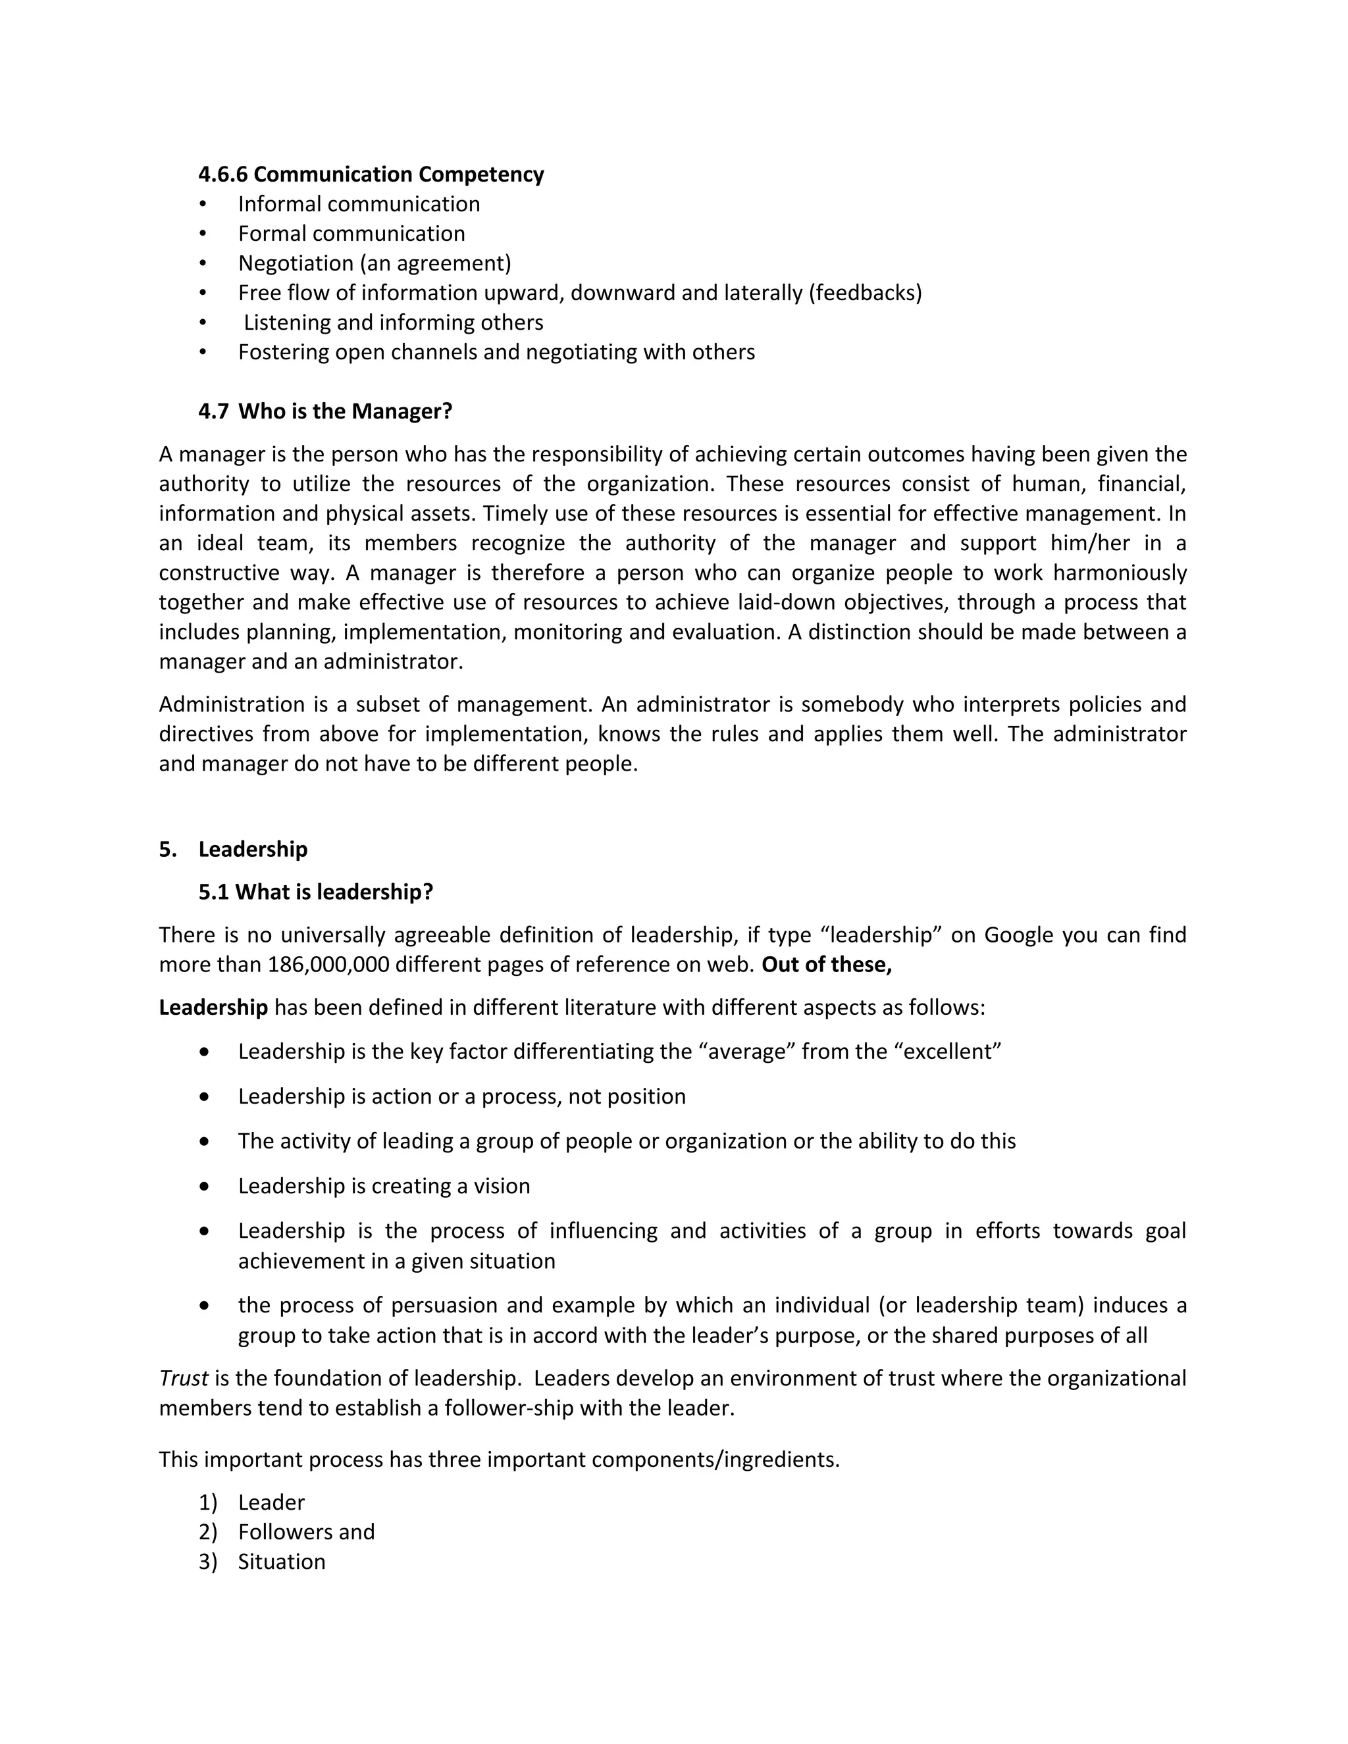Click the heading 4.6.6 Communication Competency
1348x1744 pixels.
point(371,174)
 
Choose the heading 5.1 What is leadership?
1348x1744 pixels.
point(315,892)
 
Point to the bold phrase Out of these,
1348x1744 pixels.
point(827,965)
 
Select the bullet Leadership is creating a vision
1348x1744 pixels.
point(383,1186)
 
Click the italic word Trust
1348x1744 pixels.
point(183,1378)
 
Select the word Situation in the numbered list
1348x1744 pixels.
point(281,1561)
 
